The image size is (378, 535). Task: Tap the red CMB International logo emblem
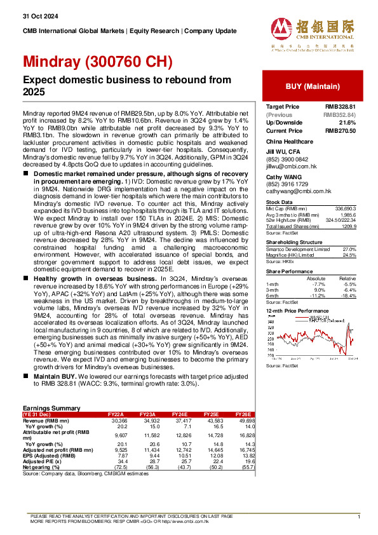click(x=282, y=29)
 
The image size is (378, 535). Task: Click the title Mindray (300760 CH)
click(x=98, y=62)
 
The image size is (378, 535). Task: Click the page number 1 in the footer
click(x=359, y=518)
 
